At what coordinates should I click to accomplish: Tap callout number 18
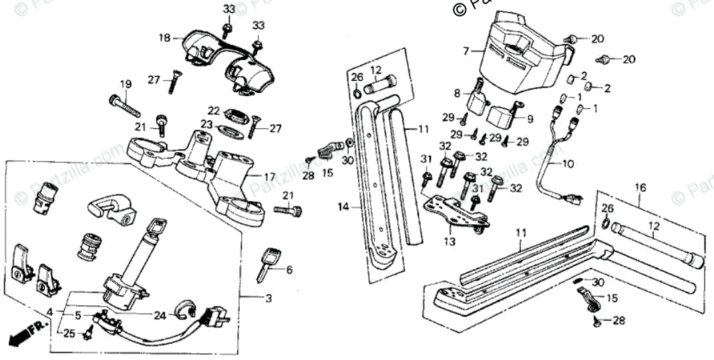[x=164, y=38]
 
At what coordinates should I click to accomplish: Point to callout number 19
[x=126, y=83]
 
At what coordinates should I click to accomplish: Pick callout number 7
[x=466, y=50]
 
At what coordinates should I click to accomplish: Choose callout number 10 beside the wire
[x=568, y=163]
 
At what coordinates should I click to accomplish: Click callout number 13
[x=450, y=241]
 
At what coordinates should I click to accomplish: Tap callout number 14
[x=344, y=208]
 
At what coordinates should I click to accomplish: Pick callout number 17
[x=269, y=177]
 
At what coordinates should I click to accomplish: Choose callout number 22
[x=214, y=110]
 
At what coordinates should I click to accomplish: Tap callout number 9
[x=530, y=120]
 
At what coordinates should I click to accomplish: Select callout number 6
[x=289, y=270]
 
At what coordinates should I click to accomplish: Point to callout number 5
[x=78, y=315]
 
